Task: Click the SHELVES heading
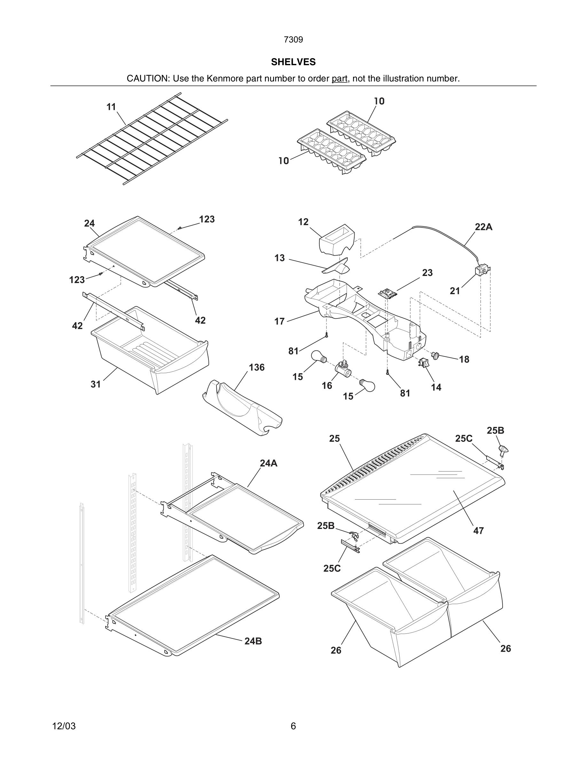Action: pos(293,62)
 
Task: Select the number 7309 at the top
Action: pos(293,40)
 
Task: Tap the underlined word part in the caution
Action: pos(340,79)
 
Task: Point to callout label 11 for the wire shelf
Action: pos(111,107)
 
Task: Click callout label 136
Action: pos(257,367)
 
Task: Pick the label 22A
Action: pos(483,227)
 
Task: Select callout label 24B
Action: pos(253,641)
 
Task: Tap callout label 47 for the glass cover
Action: pos(479,531)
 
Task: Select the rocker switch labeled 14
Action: pos(424,363)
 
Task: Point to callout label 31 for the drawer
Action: pos(96,384)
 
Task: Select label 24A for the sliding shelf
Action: pos(269,463)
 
